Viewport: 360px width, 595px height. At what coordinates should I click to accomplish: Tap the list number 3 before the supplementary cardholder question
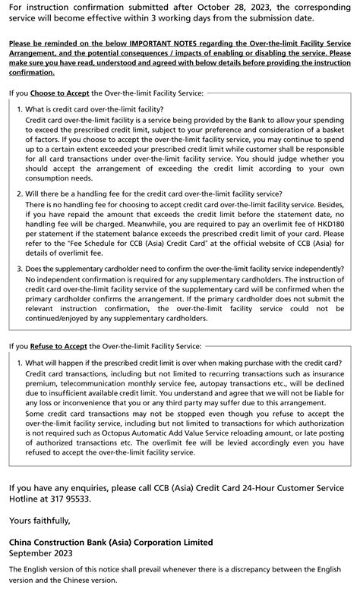(x=20, y=269)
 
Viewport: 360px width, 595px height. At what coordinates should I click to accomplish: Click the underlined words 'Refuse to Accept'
(x=58, y=346)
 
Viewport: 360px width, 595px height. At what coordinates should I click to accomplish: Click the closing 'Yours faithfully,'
(x=39, y=520)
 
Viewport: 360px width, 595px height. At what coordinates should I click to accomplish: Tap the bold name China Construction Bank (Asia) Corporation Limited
(x=110, y=543)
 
